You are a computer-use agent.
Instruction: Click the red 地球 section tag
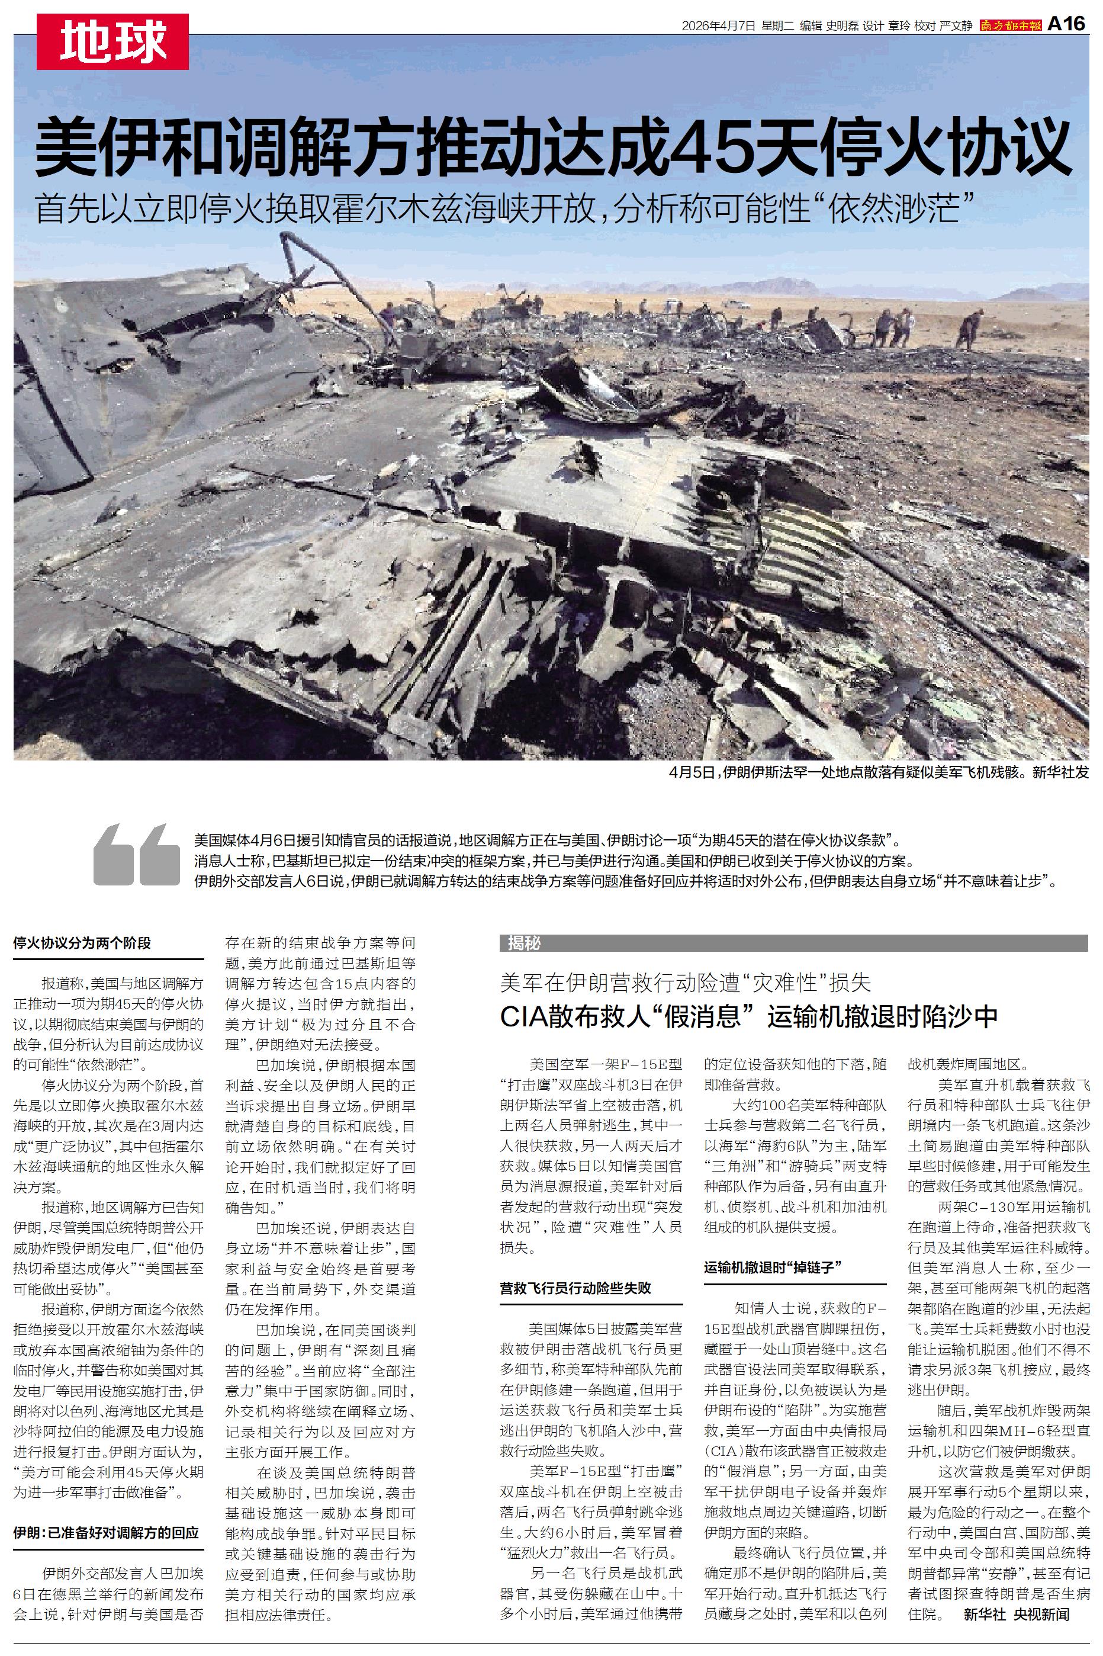[x=112, y=43]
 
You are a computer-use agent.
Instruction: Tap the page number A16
[x=1066, y=25]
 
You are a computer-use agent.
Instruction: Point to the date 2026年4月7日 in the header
[x=718, y=26]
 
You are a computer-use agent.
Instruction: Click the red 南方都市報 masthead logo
[x=1010, y=26]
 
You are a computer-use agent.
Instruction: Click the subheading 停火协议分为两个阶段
[x=82, y=943]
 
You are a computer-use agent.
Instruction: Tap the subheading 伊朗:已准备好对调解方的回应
[x=106, y=1533]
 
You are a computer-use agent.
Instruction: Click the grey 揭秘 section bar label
[x=525, y=943]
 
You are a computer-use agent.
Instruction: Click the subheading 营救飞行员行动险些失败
[x=575, y=1288]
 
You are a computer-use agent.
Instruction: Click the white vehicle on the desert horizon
[x=735, y=304]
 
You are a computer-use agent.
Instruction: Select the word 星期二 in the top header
[x=777, y=26]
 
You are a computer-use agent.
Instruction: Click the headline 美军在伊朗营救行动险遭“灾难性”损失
[x=685, y=982]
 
